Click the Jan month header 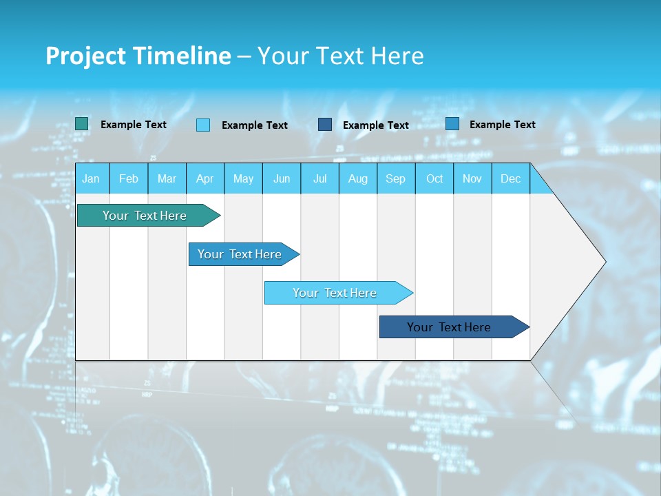pyautogui.click(x=92, y=178)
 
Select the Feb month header pyautogui.click(x=129, y=178)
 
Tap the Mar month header pyautogui.click(x=167, y=178)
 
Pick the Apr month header pyautogui.click(x=205, y=178)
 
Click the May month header pyautogui.click(x=243, y=178)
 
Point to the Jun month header pyautogui.click(x=282, y=178)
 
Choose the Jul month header pyautogui.click(x=319, y=178)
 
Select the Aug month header pyautogui.click(x=358, y=178)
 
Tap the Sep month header pyautogui.click(x=396, y=178)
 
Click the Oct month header pyautogui.click(x=434, y=178)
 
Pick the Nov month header pyautogui.click(x=472, y=178)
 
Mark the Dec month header pyautogui.click(x=511, y=178)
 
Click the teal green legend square pyautogui.click(x=82, y=124)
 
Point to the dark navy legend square pyautogui.click(x=325, y=125)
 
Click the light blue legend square pyautogui.click(x=203, y=125)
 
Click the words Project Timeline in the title pyautogui.click(x=138, y=56)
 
